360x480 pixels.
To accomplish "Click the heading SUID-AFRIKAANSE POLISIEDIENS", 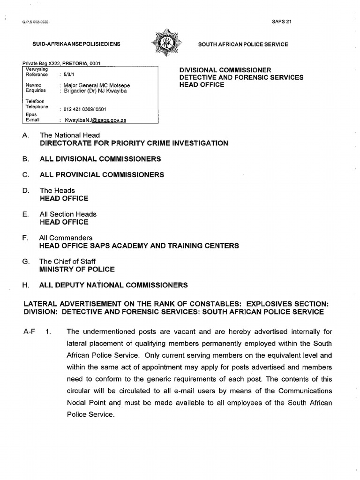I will [x=76, y=44].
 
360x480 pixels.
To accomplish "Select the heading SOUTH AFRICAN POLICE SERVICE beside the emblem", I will [x=243, y=44].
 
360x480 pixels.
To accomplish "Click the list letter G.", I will [x=25, y=262].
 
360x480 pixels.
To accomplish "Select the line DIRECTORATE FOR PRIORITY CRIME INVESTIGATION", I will [x=134, y=143].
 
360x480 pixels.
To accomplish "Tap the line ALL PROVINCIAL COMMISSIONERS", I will [x=102, y=175].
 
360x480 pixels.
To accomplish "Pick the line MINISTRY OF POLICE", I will [x=77, y=270].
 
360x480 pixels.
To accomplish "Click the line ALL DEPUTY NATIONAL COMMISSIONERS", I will [x=114, y=285].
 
